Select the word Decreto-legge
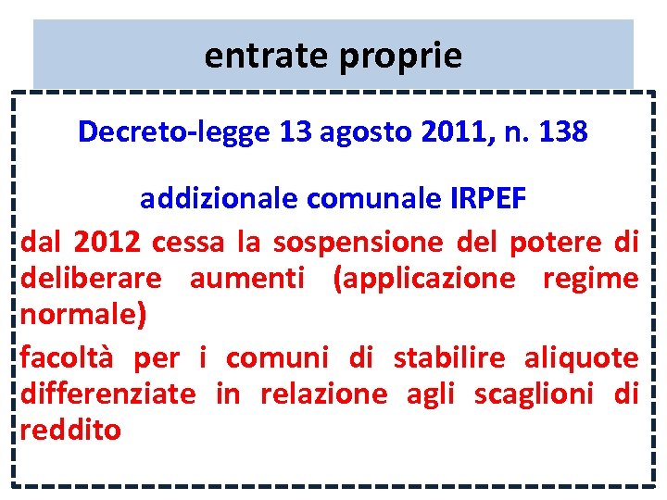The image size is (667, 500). point(174,132)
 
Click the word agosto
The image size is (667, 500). point(363,132)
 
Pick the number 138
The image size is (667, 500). point(560,132)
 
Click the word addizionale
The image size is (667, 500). point(219,198)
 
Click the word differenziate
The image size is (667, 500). point(107,394)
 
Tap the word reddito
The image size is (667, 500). point(70,431)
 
